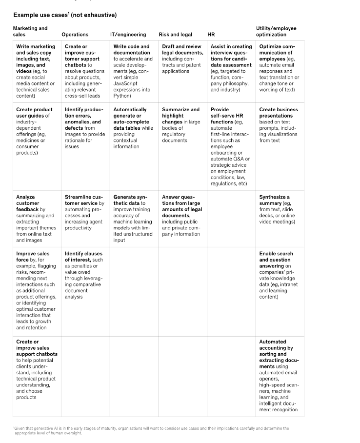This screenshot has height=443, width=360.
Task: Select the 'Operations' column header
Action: (75, 35)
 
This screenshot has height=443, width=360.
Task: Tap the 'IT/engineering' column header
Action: (128, 35)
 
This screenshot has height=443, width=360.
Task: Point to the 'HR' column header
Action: (211, 35)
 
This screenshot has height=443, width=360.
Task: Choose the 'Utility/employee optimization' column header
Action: (276, 32)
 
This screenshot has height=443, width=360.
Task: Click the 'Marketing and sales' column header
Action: (30, 32)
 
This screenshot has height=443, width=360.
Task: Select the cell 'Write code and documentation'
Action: (133, 71)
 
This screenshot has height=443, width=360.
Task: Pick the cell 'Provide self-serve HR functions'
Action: (230, 146)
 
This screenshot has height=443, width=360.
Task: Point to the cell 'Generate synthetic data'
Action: (133, 219)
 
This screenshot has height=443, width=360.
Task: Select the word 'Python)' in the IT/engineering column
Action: (122, 96)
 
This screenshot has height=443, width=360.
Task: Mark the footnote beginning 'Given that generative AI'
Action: (151, 430)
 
